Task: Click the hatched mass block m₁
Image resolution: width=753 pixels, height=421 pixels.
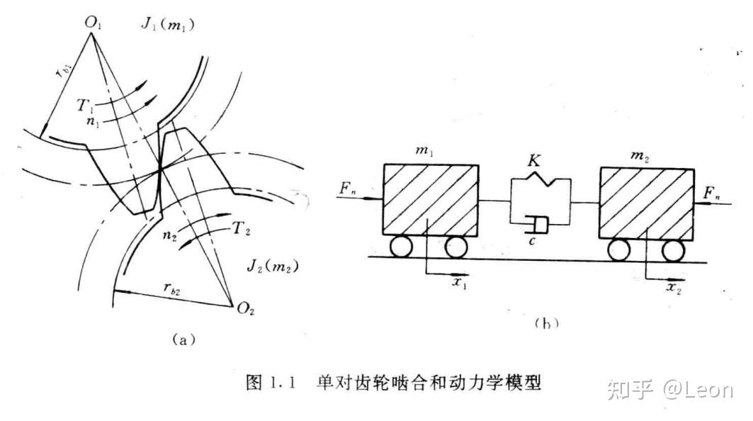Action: [x=429, y=199]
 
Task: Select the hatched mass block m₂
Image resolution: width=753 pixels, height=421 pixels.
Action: [x=646, y=202]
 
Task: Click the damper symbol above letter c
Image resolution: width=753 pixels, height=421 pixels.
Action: [x=536, y=226]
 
